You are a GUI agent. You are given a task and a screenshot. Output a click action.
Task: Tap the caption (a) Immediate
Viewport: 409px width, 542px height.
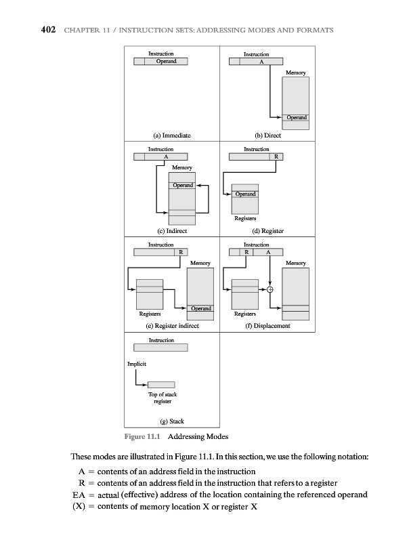click(x=172, y=135)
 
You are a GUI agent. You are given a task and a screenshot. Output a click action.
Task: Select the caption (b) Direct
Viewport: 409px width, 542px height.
click(x=267, y=135)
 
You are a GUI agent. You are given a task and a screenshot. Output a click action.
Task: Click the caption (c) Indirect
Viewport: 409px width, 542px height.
click(x=172, y=231)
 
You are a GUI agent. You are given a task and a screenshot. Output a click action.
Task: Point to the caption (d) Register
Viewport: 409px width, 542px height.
click(x=267, y=231)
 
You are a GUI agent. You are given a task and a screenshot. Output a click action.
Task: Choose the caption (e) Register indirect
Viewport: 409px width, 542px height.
click(x=172, y=326)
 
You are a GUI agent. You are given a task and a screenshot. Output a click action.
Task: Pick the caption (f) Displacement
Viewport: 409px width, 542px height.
click(x=267, y=326)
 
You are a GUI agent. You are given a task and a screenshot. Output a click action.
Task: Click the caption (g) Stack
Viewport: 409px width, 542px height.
click(x=172, y=421)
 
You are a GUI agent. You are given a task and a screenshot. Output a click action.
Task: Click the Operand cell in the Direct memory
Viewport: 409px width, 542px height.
click(x=296, y=118)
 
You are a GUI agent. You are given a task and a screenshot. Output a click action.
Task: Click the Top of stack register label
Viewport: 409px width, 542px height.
click(x=162, y=398)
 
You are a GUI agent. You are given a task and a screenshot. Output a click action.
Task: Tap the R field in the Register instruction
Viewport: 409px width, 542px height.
click(x=276, y=157)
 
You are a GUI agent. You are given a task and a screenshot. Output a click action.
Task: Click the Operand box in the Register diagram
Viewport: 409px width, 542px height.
click(x=245, y=194)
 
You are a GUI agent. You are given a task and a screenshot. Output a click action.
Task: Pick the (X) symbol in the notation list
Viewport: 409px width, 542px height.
click(x=79, y=507)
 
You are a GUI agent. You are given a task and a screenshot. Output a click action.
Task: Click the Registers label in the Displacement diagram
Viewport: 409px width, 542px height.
click(x=244, y=314)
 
